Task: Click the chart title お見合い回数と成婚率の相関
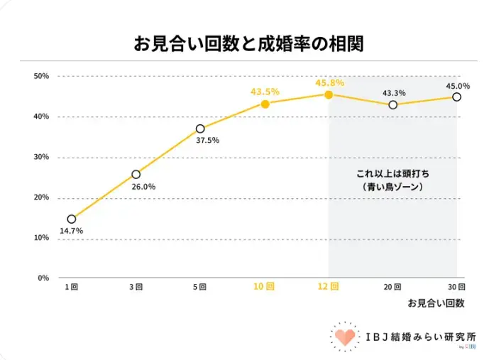tap(248, 43)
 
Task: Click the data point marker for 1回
tap(72, 219)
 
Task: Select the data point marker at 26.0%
tap(136, 174)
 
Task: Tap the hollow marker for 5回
tap(200, 129)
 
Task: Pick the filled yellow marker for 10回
tap(265, 104)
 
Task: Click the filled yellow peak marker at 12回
tap(329, 94)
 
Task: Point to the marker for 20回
tap(393, 105)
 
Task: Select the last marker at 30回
tap(457, 97)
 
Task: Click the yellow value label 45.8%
tap(330, 82)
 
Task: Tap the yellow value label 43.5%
tap(265, 92)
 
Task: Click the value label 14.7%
tap(71, 231)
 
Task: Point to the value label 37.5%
tap(207, 141)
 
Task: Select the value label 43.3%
tap(394, 93)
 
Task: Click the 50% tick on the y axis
tap(41, 76)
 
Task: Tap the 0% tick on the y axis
tap(43, 278)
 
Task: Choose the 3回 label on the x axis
tap(136, 287)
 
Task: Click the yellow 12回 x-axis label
tap(329, 287)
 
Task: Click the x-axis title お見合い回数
tap(436, 303)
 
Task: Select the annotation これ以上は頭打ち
tap(392, 174)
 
